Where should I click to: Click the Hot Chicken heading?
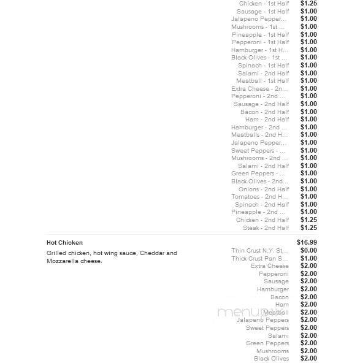pos(64,243)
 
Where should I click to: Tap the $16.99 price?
pos(307,243)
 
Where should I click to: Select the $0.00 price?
pos(308,250)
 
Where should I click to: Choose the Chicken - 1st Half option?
pos(264,4)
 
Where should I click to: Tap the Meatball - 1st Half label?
pos(262,81)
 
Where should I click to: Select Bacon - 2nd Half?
pos(264,112)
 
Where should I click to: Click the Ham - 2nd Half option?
pos(267,120)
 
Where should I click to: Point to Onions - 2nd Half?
pos(264,189)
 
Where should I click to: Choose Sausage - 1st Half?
pos(262,12)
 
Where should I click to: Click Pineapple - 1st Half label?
pos(260,35)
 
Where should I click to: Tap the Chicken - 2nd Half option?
pos(262,220)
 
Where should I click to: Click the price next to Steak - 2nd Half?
pos(308,228)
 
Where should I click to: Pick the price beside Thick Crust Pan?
pos(308,258)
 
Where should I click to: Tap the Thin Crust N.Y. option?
pos(259,251)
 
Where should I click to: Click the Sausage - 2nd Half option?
pos(261,104)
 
